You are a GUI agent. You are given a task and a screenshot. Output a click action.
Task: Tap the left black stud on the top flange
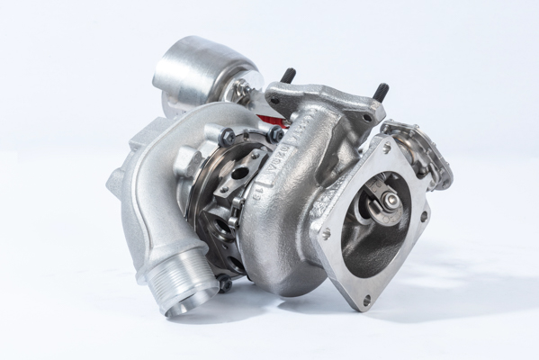pos(289,76)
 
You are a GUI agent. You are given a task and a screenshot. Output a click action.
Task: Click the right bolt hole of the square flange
pos(422,216)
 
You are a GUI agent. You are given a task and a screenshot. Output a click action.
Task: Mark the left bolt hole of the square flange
pos(325,233)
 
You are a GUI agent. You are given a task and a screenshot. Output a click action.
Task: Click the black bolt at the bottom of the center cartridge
pos(225,283)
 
